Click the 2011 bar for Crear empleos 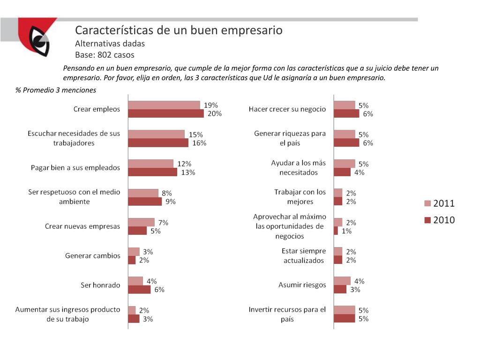(164, 105)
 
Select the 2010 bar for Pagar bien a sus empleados (152, 172)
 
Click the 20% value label (215, 113)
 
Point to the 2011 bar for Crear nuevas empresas (141, 222)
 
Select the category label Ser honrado (100, 285)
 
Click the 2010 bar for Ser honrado (139, 289)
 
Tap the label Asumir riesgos (302, 285)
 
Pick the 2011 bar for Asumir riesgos (342, 281)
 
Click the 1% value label (347, 231)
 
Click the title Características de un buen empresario (179, 30)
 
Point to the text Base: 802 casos (105, 55)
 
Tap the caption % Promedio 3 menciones (56, 90)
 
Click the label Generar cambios (93, 256)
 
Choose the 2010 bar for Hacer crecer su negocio (346, 113)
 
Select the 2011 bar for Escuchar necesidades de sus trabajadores (156, 134)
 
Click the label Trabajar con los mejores (300, 197)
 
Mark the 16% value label (199, 143)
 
